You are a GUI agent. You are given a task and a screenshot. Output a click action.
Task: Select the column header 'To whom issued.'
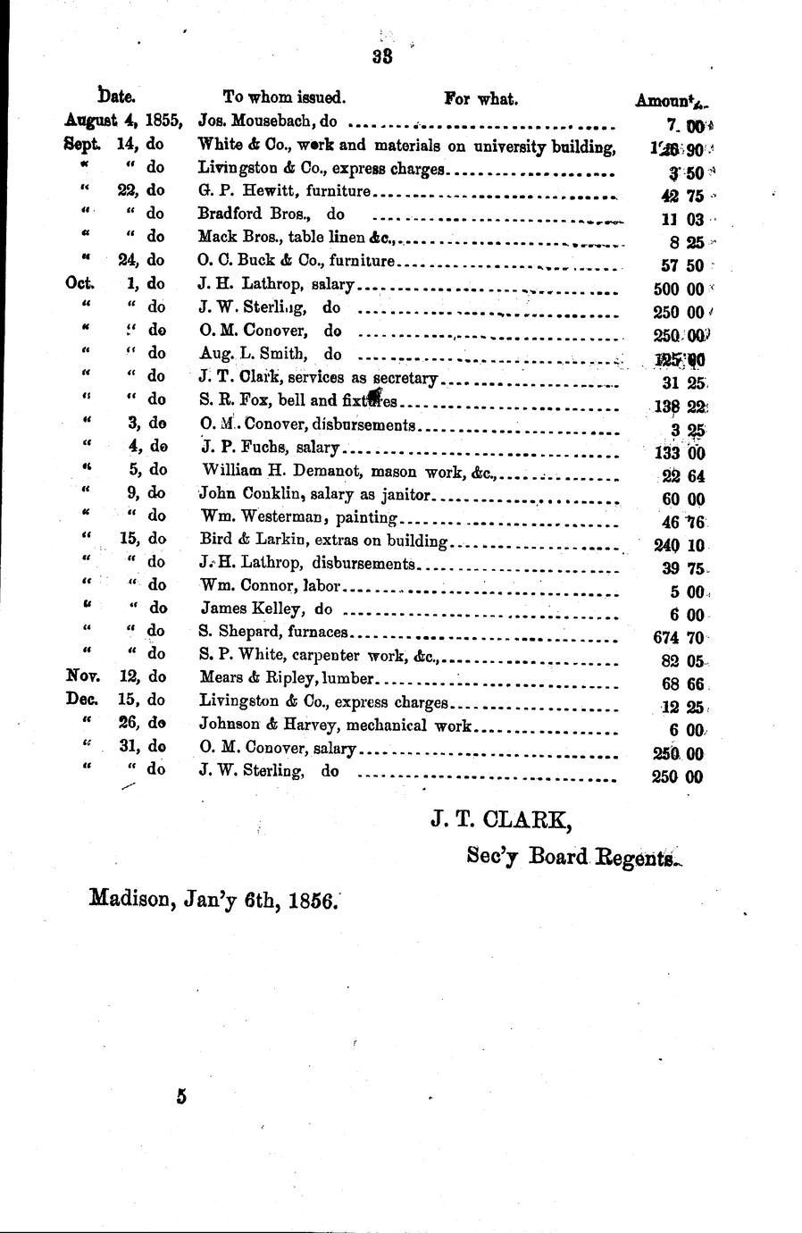pos(284,98)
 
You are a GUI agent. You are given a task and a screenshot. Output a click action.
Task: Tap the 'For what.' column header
pos(480,98)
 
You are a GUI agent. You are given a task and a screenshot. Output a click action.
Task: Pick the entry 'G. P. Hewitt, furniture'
pos(284,191)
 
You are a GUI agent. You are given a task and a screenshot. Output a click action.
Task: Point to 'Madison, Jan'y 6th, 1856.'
pos(213,901)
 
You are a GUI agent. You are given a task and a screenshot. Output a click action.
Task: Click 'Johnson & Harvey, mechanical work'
pos(335,726)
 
